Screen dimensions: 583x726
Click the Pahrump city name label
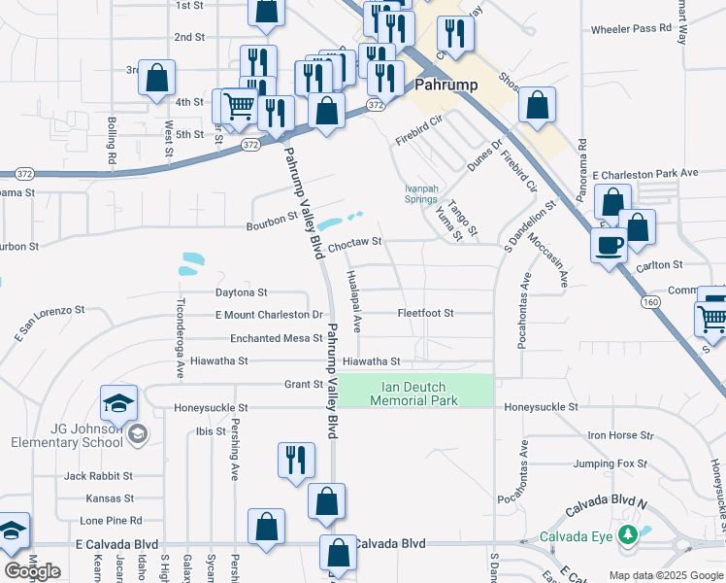pyautogui.click(x=446, y=85)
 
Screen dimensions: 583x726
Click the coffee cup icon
pyautogui.click(x=609, y=245)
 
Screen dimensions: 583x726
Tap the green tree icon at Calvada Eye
pyautogui.click(x=628, y=534)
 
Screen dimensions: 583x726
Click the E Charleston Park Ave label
pyautogui.click(x=645, y=173)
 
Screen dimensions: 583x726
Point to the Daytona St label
pyautogui.click(x=241, y=291)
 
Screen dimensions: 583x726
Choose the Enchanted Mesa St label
pyautogui.click(x=276, y=338)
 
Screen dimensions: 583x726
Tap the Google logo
pyautogui.click(x=32, y=571)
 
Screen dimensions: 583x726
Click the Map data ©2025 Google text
pyautogui.click(x=665, y=575)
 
